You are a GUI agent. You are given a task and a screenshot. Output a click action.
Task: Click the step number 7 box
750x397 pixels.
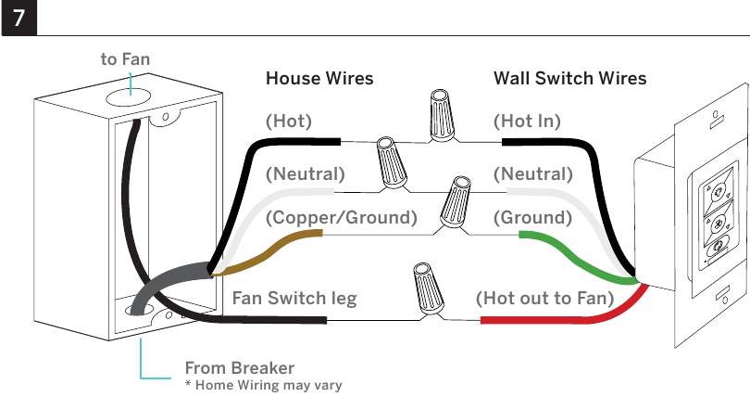point(19,18)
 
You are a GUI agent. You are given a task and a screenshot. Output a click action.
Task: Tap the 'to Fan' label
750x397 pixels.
point(125,59)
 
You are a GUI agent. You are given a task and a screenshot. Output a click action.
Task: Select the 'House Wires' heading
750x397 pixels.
point(319,78)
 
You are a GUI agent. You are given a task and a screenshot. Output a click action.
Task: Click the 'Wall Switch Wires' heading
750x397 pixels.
point(569,78)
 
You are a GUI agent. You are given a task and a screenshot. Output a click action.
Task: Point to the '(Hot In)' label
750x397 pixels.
point(527,122)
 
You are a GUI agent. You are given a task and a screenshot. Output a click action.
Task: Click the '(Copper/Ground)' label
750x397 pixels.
point(342,217)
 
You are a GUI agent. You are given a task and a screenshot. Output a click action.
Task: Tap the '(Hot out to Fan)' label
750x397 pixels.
point(544,299)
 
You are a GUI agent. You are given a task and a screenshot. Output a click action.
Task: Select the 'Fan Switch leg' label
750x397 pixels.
point(294,299)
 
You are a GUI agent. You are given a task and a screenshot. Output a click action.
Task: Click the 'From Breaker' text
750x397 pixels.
point(240,368)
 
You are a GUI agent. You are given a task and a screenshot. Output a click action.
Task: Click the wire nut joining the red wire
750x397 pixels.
point(429,288)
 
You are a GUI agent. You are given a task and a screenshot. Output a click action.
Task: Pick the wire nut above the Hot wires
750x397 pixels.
point(441,115)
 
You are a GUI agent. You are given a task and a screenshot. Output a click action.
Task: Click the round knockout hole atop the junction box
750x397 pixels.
point(128,97)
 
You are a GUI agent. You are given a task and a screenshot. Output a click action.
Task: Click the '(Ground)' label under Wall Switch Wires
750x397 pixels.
point(532,217)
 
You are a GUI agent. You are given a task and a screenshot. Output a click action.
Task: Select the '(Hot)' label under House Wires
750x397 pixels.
point(288,122)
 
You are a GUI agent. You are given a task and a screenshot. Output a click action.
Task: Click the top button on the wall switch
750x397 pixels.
point(717,193)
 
